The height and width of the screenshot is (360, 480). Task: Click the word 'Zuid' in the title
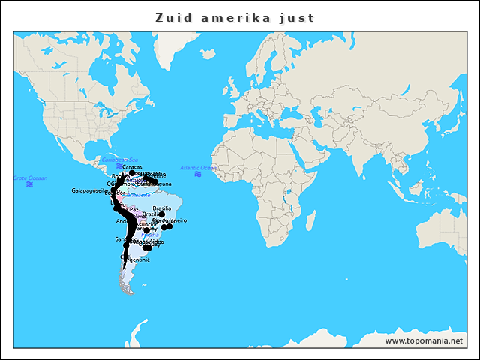pyautogui.click(x=170, y=17)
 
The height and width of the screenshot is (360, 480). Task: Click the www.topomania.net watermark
pyautogui.click(x=430, y=340)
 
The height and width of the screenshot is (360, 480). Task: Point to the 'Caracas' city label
pyautogui.click(x=121, y=166)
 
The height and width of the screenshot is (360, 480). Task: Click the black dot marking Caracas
pyautogui.click(x=132, y=172)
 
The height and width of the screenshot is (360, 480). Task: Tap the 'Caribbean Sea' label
pyautogui.click(x=120, y=160)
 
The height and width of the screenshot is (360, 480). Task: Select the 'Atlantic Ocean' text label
pyautogui.click(x=198, y=167)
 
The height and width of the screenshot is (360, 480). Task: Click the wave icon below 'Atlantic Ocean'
pyautogui.click(x=198, y=174)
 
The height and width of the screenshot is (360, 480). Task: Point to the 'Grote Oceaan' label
pyautogui.click(x=30, y=178)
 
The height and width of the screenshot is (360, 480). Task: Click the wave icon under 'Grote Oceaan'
pyautogui.click(x=29, y=184)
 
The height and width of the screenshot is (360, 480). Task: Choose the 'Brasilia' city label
pyautogui.click(x=162, y=208)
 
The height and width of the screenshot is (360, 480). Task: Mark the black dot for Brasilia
pyautogui.click(x=161, y=214)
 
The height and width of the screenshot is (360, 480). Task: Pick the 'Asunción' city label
pyautogui.click(x=148, y=223)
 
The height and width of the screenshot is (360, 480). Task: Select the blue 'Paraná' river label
pyautogui.click(x=150, y=234)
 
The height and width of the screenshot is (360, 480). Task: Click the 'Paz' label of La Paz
pyautogui.click(x=133, y=210)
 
